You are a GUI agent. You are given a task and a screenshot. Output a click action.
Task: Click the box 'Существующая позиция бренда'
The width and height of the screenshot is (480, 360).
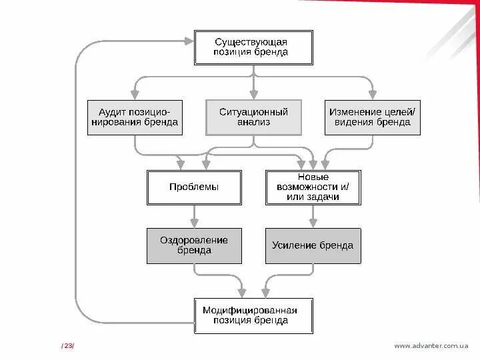coord(253,47)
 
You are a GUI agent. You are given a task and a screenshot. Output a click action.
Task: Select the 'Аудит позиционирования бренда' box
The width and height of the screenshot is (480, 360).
coord(135,117)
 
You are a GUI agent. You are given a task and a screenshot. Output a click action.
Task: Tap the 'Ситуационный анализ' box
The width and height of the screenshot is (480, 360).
coord(253,117)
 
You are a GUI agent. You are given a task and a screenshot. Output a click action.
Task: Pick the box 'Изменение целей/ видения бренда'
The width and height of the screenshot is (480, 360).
coord(372,117)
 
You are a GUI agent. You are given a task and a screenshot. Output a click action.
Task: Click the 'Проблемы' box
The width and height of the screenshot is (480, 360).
coord(194,187)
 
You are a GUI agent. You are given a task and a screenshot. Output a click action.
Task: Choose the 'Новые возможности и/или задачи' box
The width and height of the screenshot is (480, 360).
coord(313,187)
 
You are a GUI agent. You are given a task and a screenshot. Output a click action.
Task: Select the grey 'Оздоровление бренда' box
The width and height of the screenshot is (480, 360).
coord(194,245)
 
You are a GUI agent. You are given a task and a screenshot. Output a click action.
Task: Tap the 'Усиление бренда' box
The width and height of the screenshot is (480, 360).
coord(313,245)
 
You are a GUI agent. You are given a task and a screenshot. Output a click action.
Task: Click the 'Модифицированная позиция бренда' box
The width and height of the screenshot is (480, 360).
coord(253,315)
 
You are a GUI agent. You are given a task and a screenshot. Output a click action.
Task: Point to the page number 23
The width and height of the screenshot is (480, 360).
coord(68,345)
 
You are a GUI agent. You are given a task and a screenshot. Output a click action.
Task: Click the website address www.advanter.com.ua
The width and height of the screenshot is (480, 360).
coord(431,345)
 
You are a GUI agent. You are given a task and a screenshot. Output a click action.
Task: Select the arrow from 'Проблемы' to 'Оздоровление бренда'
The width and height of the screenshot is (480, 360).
coord(194,216)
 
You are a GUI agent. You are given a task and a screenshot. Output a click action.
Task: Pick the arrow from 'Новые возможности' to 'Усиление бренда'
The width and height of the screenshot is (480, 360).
coord(313,216)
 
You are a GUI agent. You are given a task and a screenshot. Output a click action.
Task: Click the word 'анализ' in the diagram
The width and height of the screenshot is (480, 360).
coord(253,123)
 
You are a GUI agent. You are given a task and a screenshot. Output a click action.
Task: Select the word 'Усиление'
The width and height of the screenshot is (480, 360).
coord(293,245)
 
